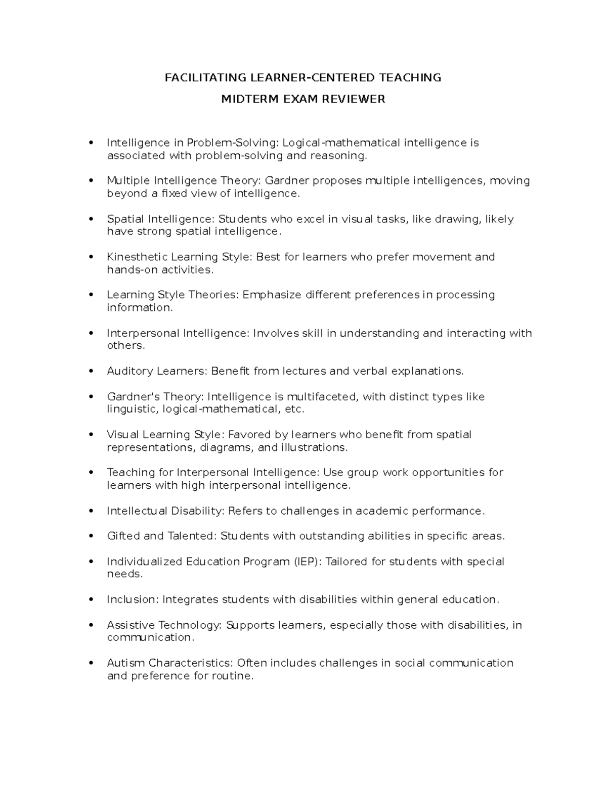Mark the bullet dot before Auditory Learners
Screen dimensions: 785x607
click(x=91, y=372)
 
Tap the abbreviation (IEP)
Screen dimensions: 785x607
click(x=307, y=562)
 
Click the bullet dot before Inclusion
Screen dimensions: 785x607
click(x=91, y=599)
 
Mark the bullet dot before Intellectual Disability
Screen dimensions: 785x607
click(x=91, y=511)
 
